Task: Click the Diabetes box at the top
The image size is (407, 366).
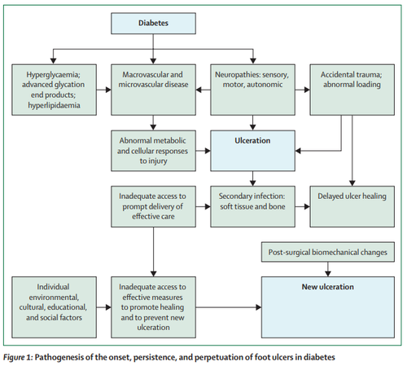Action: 153,24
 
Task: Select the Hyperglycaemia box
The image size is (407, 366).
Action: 54,90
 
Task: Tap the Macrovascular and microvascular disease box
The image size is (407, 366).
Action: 153,90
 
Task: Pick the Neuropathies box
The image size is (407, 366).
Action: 252,90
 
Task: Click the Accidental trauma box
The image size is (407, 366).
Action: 352,90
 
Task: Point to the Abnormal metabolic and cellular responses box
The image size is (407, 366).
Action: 153,151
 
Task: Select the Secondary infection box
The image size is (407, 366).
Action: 252,206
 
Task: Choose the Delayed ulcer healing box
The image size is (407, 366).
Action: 352,206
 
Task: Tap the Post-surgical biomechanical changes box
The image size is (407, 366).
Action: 328,252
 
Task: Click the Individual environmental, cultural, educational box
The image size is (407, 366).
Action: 54,307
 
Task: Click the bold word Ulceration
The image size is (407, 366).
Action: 252,141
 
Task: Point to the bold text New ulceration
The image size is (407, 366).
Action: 328,287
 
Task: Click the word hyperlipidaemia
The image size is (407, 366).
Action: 54,105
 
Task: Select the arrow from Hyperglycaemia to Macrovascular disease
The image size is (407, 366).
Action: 103,90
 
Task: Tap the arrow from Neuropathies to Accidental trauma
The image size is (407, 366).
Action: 303,90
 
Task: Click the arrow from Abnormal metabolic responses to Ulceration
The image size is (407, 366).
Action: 203,151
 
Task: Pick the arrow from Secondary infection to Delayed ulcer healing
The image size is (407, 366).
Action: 303,207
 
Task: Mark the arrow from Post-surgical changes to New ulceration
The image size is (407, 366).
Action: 328,269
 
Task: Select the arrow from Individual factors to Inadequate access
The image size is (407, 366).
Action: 103,307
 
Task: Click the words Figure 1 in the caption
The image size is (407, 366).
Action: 18,357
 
